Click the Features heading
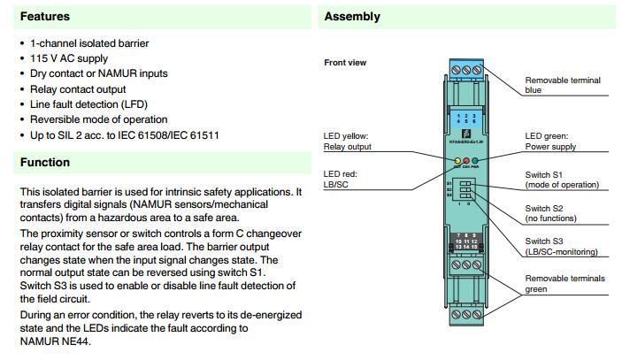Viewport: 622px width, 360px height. coord(45,16)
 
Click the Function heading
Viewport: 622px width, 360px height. coord(45,163)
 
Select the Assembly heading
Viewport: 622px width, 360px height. coord(352,16)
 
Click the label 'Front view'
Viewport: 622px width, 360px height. coord(345,63)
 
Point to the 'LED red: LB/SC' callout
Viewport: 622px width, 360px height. coord(341,180)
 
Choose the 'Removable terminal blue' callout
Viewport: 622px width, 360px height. coord(563,85)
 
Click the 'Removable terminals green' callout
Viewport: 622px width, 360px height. coord(565,283)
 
